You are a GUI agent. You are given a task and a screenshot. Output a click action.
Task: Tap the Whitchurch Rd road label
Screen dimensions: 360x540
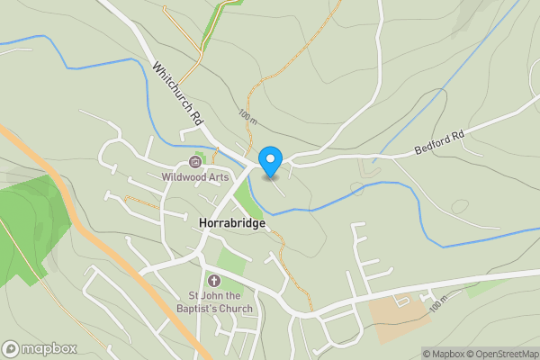[178, 94]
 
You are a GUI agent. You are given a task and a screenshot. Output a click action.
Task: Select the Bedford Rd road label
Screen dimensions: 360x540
[438, 143]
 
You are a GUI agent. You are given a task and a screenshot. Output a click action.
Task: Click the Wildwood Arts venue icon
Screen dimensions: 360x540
[194, 163]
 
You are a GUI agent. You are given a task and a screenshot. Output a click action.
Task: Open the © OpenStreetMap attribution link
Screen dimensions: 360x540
[502, 354]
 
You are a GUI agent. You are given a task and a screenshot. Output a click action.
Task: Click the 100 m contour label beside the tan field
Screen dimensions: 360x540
[438, 306]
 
